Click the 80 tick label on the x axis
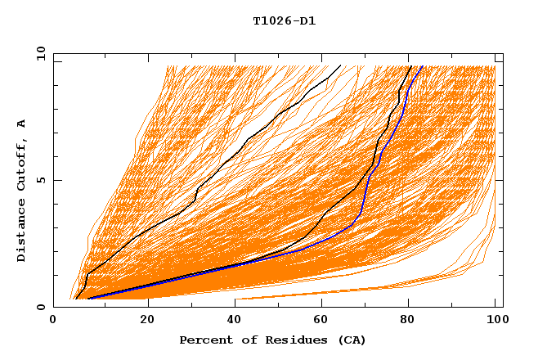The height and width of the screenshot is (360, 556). [407, 320]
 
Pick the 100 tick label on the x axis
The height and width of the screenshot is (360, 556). [495, 320]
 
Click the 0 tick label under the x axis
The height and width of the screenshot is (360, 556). [54, 320]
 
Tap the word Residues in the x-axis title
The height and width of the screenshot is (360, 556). [285, 340]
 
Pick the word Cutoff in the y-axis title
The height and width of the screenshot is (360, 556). [21, 164]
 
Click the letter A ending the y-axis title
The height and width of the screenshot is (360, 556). [21, 124]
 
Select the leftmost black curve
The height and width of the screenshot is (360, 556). [245, 143]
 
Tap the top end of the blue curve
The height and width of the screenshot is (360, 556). [421, 67]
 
